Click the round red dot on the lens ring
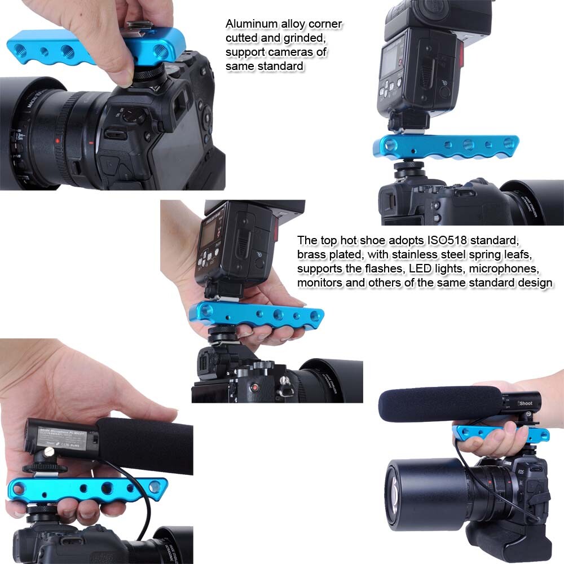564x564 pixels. pos(57,140)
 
